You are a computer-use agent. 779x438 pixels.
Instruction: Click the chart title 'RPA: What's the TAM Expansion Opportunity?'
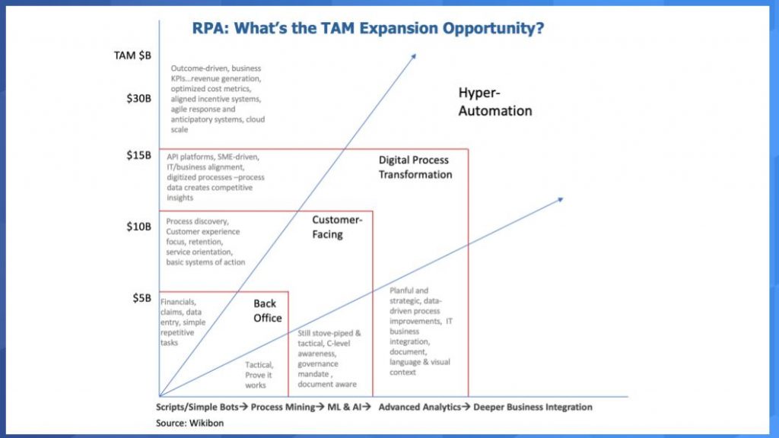point(368,28)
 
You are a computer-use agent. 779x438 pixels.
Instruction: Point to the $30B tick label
point(138,98)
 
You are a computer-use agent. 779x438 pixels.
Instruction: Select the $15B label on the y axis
point(138,155)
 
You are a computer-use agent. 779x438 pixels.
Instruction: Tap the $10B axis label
point(138,227)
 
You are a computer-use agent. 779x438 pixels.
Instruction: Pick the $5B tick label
point(141,298)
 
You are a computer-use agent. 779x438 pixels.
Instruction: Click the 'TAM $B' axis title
point(132,55)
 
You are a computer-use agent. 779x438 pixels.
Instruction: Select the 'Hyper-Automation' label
point(494,101)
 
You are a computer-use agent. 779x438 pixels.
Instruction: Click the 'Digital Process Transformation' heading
point(415,167)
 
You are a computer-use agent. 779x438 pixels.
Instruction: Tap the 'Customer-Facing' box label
point(337,227)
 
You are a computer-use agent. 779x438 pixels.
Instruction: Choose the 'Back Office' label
point(267,311)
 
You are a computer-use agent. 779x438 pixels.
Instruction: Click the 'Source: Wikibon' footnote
point(189,423)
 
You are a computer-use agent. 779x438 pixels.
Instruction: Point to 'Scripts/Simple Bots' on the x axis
point(197,408)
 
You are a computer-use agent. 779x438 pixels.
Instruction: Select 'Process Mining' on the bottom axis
point(283,408)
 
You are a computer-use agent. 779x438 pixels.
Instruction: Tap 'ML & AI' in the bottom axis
point(344,408)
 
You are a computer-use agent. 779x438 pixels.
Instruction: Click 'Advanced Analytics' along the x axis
point(420,408)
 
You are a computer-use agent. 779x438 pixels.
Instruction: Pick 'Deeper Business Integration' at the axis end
point(533,408)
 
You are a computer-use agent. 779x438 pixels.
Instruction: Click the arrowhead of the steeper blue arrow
point(414,56)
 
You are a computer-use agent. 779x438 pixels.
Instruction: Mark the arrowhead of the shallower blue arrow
point(561,200)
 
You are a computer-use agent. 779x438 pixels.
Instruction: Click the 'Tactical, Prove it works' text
point(259,375)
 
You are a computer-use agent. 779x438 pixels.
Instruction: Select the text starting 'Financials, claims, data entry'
point(183,322)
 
